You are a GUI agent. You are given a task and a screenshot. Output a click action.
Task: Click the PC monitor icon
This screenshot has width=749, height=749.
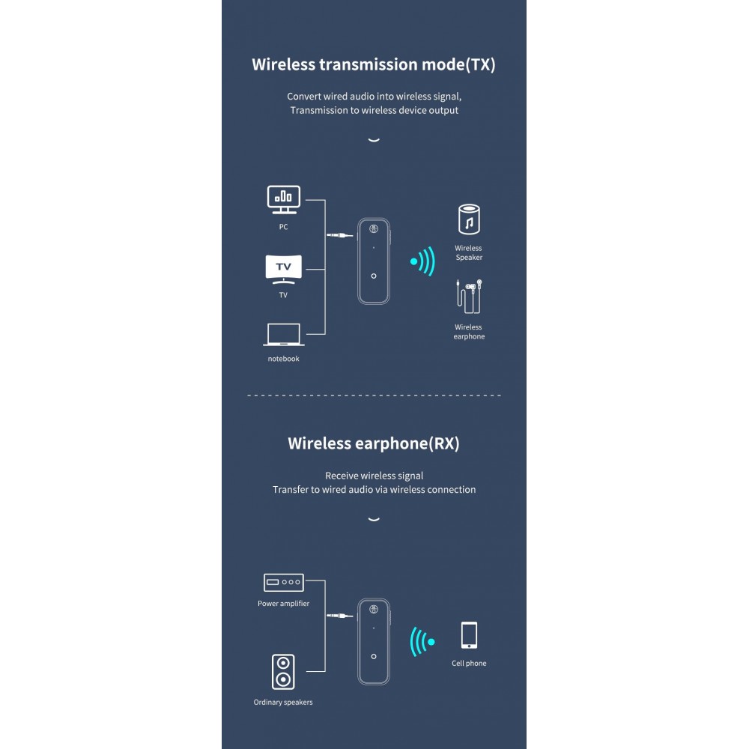click(284, 200)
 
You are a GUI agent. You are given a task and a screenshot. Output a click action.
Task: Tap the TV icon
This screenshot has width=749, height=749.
click(284, 270)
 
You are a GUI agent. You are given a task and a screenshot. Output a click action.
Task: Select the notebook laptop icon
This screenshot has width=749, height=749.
click(284, 334)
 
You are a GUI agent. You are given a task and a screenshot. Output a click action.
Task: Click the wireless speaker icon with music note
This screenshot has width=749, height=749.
click(469, 219)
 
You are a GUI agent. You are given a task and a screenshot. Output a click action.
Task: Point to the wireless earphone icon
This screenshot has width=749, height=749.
click(469, 297)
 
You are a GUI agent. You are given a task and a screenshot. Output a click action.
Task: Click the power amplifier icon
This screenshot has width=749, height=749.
click(284, 582)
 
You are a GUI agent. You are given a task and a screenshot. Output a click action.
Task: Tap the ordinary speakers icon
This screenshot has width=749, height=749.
click(283, 672)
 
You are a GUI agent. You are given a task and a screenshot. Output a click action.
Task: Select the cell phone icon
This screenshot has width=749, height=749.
click(469, 635)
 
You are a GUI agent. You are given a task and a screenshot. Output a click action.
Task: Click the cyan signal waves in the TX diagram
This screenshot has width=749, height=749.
click(422, 261)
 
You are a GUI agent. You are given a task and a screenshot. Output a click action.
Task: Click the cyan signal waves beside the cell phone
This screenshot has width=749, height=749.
click(422, 642)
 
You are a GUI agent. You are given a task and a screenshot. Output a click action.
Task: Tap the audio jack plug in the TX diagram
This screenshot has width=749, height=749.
click(339, 235)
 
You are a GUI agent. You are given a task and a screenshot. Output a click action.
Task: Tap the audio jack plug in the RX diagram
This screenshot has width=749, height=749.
click(339, 616)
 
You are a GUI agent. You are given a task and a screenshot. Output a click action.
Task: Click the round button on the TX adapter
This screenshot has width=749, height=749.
click(374, 276)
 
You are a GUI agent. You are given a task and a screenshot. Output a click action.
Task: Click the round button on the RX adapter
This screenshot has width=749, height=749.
click(374, 657)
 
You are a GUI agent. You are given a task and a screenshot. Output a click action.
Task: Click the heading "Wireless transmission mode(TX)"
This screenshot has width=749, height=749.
click(374, 64)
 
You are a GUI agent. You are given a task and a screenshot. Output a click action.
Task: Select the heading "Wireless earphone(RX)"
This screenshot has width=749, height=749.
click(374, 443)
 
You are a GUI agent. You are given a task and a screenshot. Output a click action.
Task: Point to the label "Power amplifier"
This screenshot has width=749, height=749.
click(283, 603)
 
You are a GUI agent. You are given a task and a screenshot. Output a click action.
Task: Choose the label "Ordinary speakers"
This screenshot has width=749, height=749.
click(283, 703)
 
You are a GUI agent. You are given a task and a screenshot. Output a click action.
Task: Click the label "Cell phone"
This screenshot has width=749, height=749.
click(469, 663)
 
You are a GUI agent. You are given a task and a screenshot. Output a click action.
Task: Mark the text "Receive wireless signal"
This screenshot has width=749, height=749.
click(374, 476)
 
